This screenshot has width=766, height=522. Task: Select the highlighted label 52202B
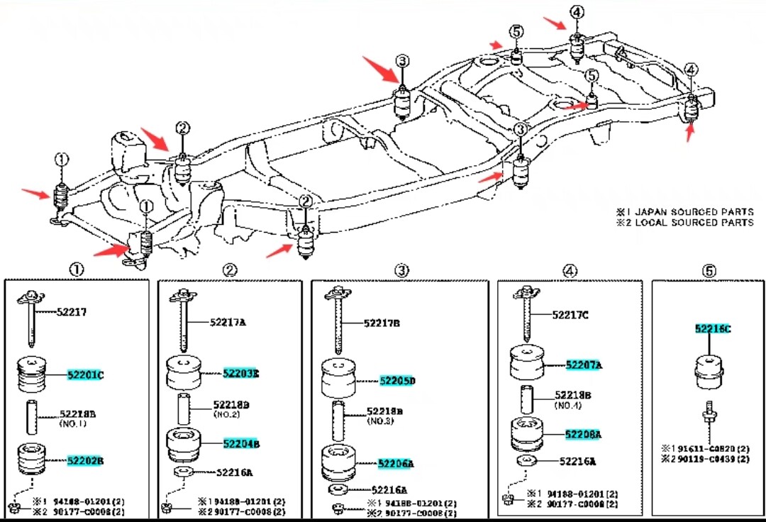(x=86, y=460)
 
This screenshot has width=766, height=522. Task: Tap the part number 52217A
(x=228, y=322)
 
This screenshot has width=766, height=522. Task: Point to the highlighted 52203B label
(x=240, y=373)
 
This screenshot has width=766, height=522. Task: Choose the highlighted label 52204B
(x=241, y=444)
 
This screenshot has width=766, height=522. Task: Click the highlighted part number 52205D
(x=397, y=381)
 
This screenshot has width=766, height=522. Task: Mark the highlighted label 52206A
(x=396, y=464)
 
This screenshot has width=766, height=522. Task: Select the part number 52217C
(x=570, y=316)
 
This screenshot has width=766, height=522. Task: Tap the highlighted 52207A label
(x=584, y=365)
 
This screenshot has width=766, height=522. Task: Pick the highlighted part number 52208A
(x=583, y=434)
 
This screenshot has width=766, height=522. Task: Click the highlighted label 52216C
(x=713, y=328)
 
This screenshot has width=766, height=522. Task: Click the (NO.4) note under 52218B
(x=567, y=406)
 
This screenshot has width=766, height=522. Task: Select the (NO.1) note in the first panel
(x=72, y=423)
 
